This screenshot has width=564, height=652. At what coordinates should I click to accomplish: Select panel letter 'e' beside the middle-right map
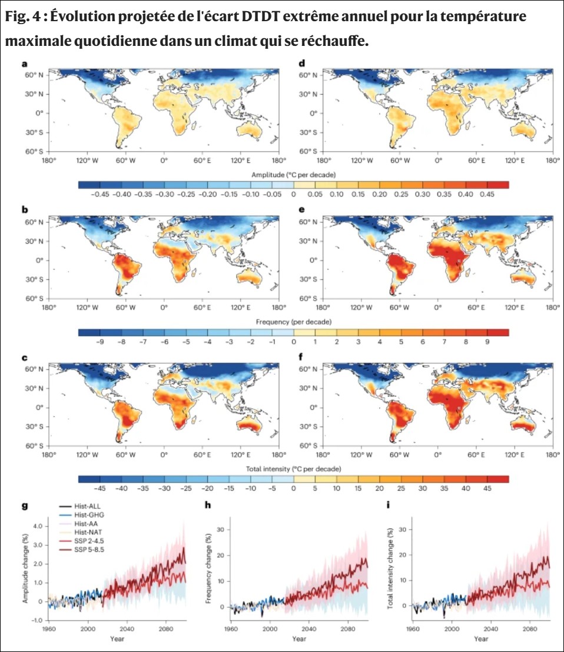(302, 209)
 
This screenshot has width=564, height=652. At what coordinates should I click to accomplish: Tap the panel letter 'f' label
(302, 356)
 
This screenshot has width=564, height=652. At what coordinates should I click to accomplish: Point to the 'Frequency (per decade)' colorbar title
(293, 322)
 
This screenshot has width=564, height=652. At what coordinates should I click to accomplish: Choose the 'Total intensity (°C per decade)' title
(293, 469)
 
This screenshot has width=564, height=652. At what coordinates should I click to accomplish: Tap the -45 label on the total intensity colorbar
(99, 488)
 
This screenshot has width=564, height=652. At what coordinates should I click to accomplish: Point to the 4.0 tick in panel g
(37, 525)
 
